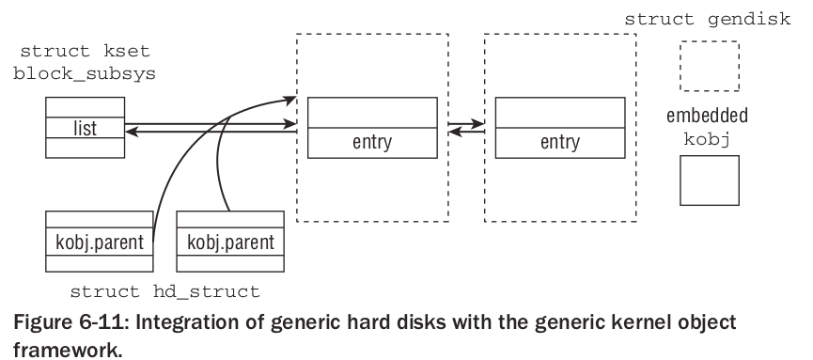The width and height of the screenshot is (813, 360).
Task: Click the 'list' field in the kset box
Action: coord(85,127)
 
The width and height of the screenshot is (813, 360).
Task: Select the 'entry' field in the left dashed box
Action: coord(372,143)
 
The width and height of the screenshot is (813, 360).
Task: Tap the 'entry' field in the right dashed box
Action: coord(560,143)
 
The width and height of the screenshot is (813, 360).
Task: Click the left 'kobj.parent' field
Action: coord(99,242)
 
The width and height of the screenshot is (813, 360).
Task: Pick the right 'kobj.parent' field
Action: coord(230,242)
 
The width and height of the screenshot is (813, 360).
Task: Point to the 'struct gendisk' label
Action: coord(709,18)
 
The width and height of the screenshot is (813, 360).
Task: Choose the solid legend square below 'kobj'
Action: coord(710,180)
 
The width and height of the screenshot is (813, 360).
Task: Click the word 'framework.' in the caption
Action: coord(57,346)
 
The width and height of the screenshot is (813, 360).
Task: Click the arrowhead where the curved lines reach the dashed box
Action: coord(289,97)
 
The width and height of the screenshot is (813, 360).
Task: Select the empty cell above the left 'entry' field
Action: coord(372,113)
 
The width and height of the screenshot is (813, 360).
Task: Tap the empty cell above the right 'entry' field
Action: coord(560,113)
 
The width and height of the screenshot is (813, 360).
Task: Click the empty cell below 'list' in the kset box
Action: coord(85,146)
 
